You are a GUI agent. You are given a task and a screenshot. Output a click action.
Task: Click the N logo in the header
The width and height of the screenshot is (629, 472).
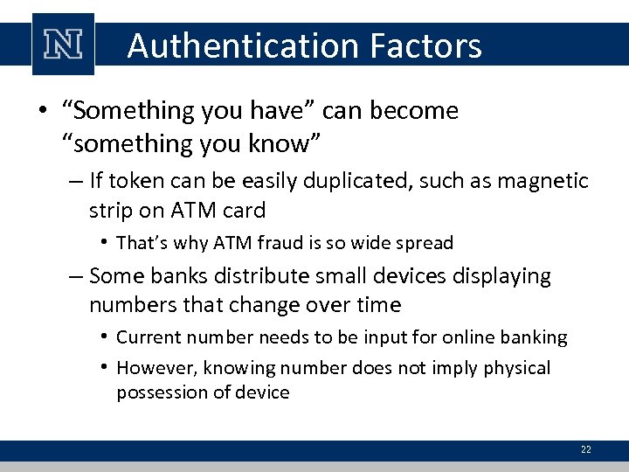click(x=64, y=43)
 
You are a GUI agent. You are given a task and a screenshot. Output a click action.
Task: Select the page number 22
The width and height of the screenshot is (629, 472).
click(x=585, y=449)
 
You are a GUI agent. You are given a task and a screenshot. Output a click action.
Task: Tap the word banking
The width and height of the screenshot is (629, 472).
click(x=535, y=337)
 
